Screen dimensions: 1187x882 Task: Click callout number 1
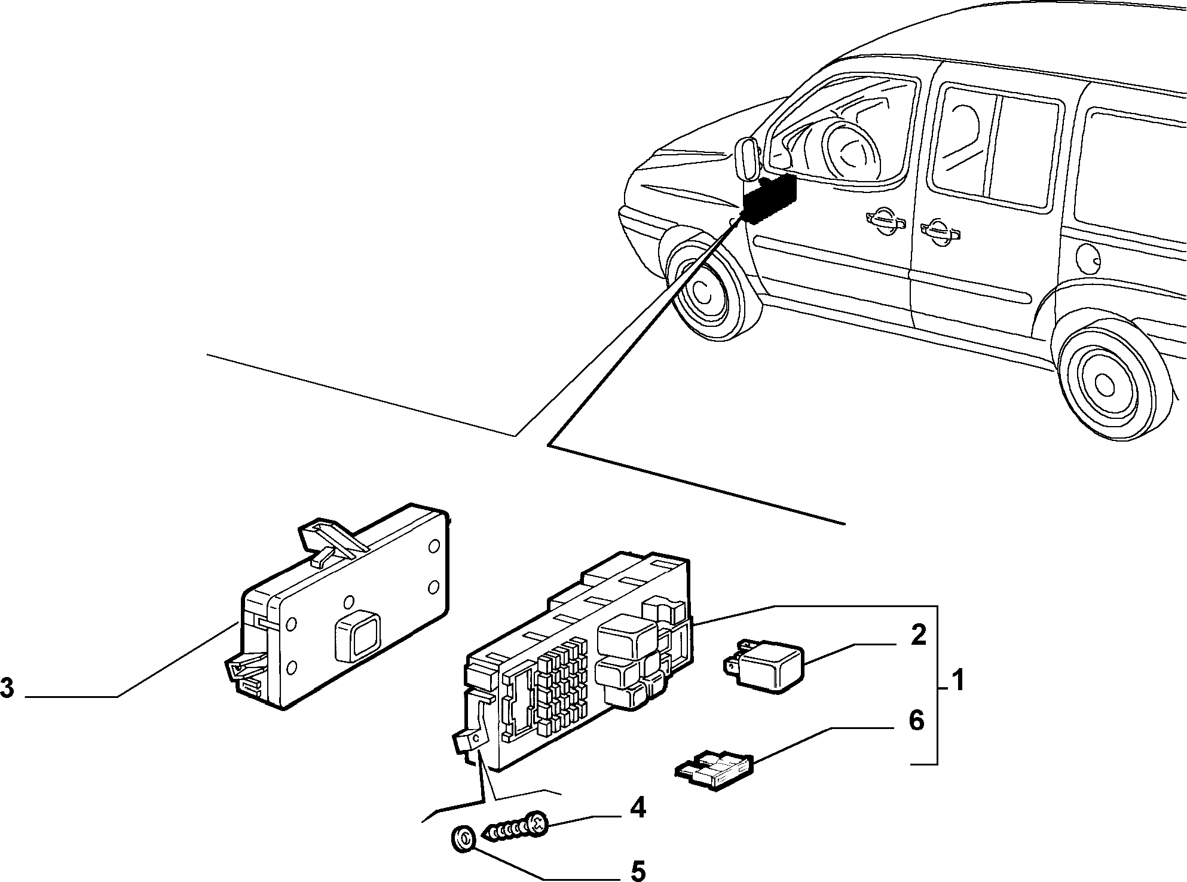click(x=957, y=680)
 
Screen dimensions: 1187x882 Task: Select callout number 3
click(x=7, y=688)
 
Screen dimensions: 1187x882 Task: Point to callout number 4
click(x=637, y=808)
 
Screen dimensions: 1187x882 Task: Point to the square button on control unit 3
click(x=357, y=635)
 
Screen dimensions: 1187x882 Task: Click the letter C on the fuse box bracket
click(x=476, y=739)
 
